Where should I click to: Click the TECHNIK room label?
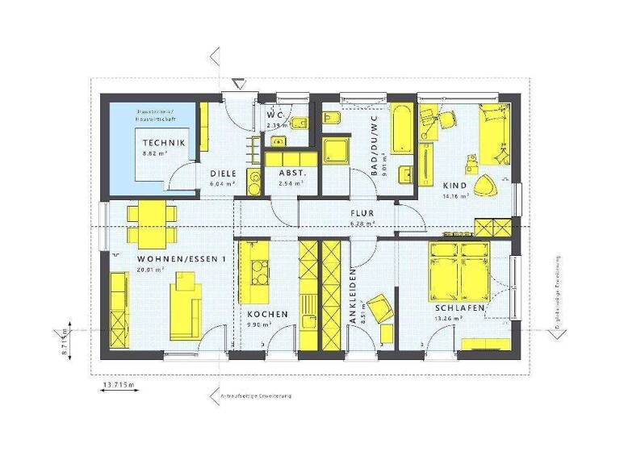point(164,143)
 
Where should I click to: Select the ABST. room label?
point(291,174)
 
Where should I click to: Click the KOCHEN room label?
point(262,314)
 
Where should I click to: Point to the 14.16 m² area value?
point(456,195)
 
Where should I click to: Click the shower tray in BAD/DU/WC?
point(335,150)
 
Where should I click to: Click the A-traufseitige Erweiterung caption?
point(256,397)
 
